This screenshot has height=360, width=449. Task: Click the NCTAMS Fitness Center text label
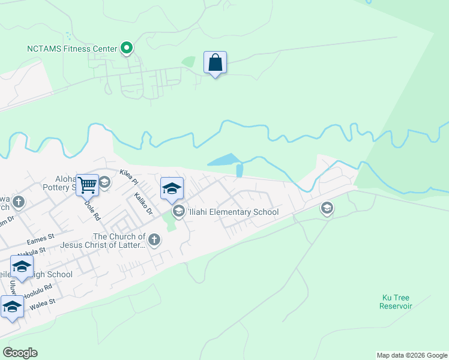click(72, 48)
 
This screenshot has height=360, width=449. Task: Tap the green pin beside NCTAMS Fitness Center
click(127, 47)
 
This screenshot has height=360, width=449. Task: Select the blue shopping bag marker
click(215, 63)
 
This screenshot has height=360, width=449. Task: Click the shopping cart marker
click(87, 185)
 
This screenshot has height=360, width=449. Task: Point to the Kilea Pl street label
click(128, 177)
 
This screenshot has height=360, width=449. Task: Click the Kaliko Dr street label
click(144, 203)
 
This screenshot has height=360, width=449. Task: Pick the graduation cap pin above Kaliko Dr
click(172, 189)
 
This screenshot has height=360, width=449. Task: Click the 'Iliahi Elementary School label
click(233, 212)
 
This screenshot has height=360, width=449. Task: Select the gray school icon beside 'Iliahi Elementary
click(178, 211)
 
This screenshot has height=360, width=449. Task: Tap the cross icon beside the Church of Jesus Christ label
click(154, 241)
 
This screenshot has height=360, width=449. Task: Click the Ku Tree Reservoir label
click(396, 302)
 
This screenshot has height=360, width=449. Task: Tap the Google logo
click(20, 353)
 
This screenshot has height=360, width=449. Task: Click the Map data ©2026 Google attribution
click(412, 355)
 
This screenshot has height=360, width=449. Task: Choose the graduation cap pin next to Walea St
click(12, 307)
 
